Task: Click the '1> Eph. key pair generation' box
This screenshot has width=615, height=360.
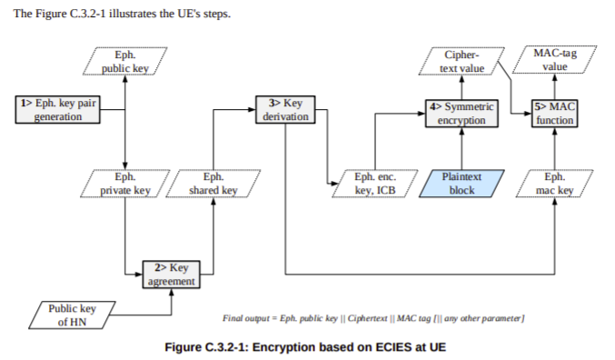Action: pyautogui.click(x=57, y=110)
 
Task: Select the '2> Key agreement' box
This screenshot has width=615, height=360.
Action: pyautogui.click(x=171, y=274)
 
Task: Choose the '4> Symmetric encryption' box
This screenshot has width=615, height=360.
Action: pyautogui.click(x=462, y=114)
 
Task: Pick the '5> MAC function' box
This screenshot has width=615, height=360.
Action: pyautogui.click(x=554, y=114)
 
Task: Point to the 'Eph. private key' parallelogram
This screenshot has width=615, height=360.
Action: pyautogui.click(x=124, y=184)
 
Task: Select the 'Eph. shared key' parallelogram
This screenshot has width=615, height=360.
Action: pyautogui.click(x=214, y=184)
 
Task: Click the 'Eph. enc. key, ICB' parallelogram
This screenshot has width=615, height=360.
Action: pyautogui.click(x=373, y=184)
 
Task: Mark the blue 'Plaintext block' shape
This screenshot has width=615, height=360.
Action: pyautogui.click(x=461, y=184)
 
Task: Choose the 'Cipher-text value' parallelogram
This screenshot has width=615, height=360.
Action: pyautogui.click(x=462, y=61)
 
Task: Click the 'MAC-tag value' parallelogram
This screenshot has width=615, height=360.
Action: pyautogui.click(x=555, y=61)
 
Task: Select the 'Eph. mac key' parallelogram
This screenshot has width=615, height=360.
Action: pyautogui.click(x=555, y=184)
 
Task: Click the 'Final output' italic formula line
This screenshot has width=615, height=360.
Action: pyautogui.click(x=373, y=317)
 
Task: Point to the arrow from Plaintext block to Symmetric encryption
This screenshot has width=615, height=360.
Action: pyautogui.click(x=462, y=148)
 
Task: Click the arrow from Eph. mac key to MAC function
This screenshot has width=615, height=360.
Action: pyautogui.click(x=555, y=148)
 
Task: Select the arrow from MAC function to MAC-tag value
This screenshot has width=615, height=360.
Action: pyautogui.click(x=555, y=88)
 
